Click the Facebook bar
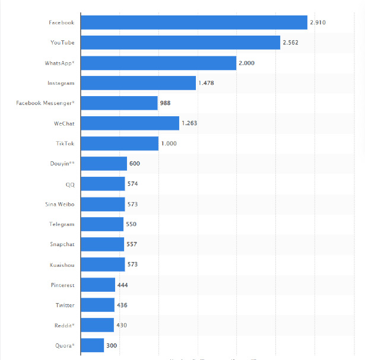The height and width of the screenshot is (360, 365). click(193, 23)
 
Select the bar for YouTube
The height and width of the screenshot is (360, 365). click(180, 43)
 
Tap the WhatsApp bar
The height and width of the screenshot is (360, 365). click(158, 63)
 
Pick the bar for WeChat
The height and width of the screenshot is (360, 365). click(129, 123)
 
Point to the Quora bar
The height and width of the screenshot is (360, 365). click(92, 345)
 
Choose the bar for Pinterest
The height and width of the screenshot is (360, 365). click(97, 285)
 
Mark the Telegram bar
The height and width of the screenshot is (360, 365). click(101, 224)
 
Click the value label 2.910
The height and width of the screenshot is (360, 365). click(318, 23)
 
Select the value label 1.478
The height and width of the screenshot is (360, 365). click(206, 83)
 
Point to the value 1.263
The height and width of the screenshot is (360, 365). click(189, 123)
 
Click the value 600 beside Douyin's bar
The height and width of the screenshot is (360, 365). click(135, 164)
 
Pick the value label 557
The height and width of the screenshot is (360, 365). click(132, 244)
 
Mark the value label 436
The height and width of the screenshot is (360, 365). click(122, 305)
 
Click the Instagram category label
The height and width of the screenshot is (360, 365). click(61, 83)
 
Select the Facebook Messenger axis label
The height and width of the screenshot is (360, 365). click(46, 103)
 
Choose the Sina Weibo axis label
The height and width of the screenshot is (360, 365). click(59, 204)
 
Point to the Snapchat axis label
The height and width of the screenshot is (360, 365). click(62, 244)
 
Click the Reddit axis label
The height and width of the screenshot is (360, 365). click(65, 325)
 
